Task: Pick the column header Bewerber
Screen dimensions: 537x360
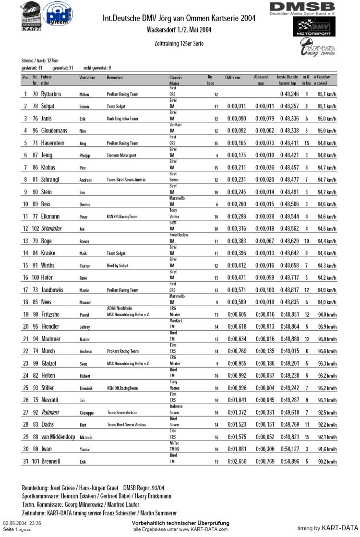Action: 115,77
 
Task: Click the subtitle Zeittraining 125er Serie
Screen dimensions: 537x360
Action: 179,43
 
